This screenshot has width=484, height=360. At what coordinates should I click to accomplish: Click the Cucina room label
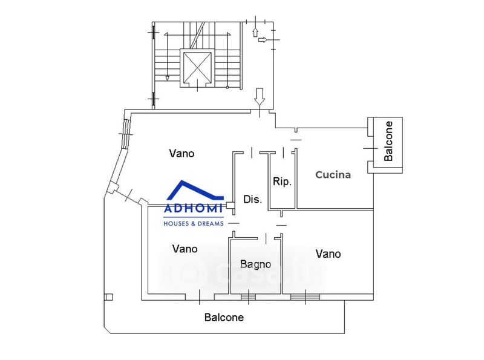point(333,175)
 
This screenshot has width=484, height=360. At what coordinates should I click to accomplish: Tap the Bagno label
point(255,264)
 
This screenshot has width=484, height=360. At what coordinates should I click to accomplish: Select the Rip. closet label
point(283,181)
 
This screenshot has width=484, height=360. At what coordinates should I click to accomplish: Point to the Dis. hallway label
point(252,199)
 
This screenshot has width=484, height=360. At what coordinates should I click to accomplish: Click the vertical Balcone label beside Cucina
point(389,141)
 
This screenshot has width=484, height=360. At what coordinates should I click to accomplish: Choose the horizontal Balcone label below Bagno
point(224,317)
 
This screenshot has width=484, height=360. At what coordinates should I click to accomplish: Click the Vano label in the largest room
point(181,154)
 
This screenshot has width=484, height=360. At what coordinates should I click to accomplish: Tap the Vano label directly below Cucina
point(328,254)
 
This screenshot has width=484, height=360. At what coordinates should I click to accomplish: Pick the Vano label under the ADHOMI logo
point(185,249)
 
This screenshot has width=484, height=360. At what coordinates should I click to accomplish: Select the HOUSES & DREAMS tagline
point(194,223)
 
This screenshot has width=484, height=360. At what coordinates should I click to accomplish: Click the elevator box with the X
point(198,67)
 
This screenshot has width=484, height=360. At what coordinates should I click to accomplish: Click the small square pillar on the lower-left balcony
point(108,297)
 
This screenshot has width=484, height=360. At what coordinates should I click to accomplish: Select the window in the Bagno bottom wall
point(248,296)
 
